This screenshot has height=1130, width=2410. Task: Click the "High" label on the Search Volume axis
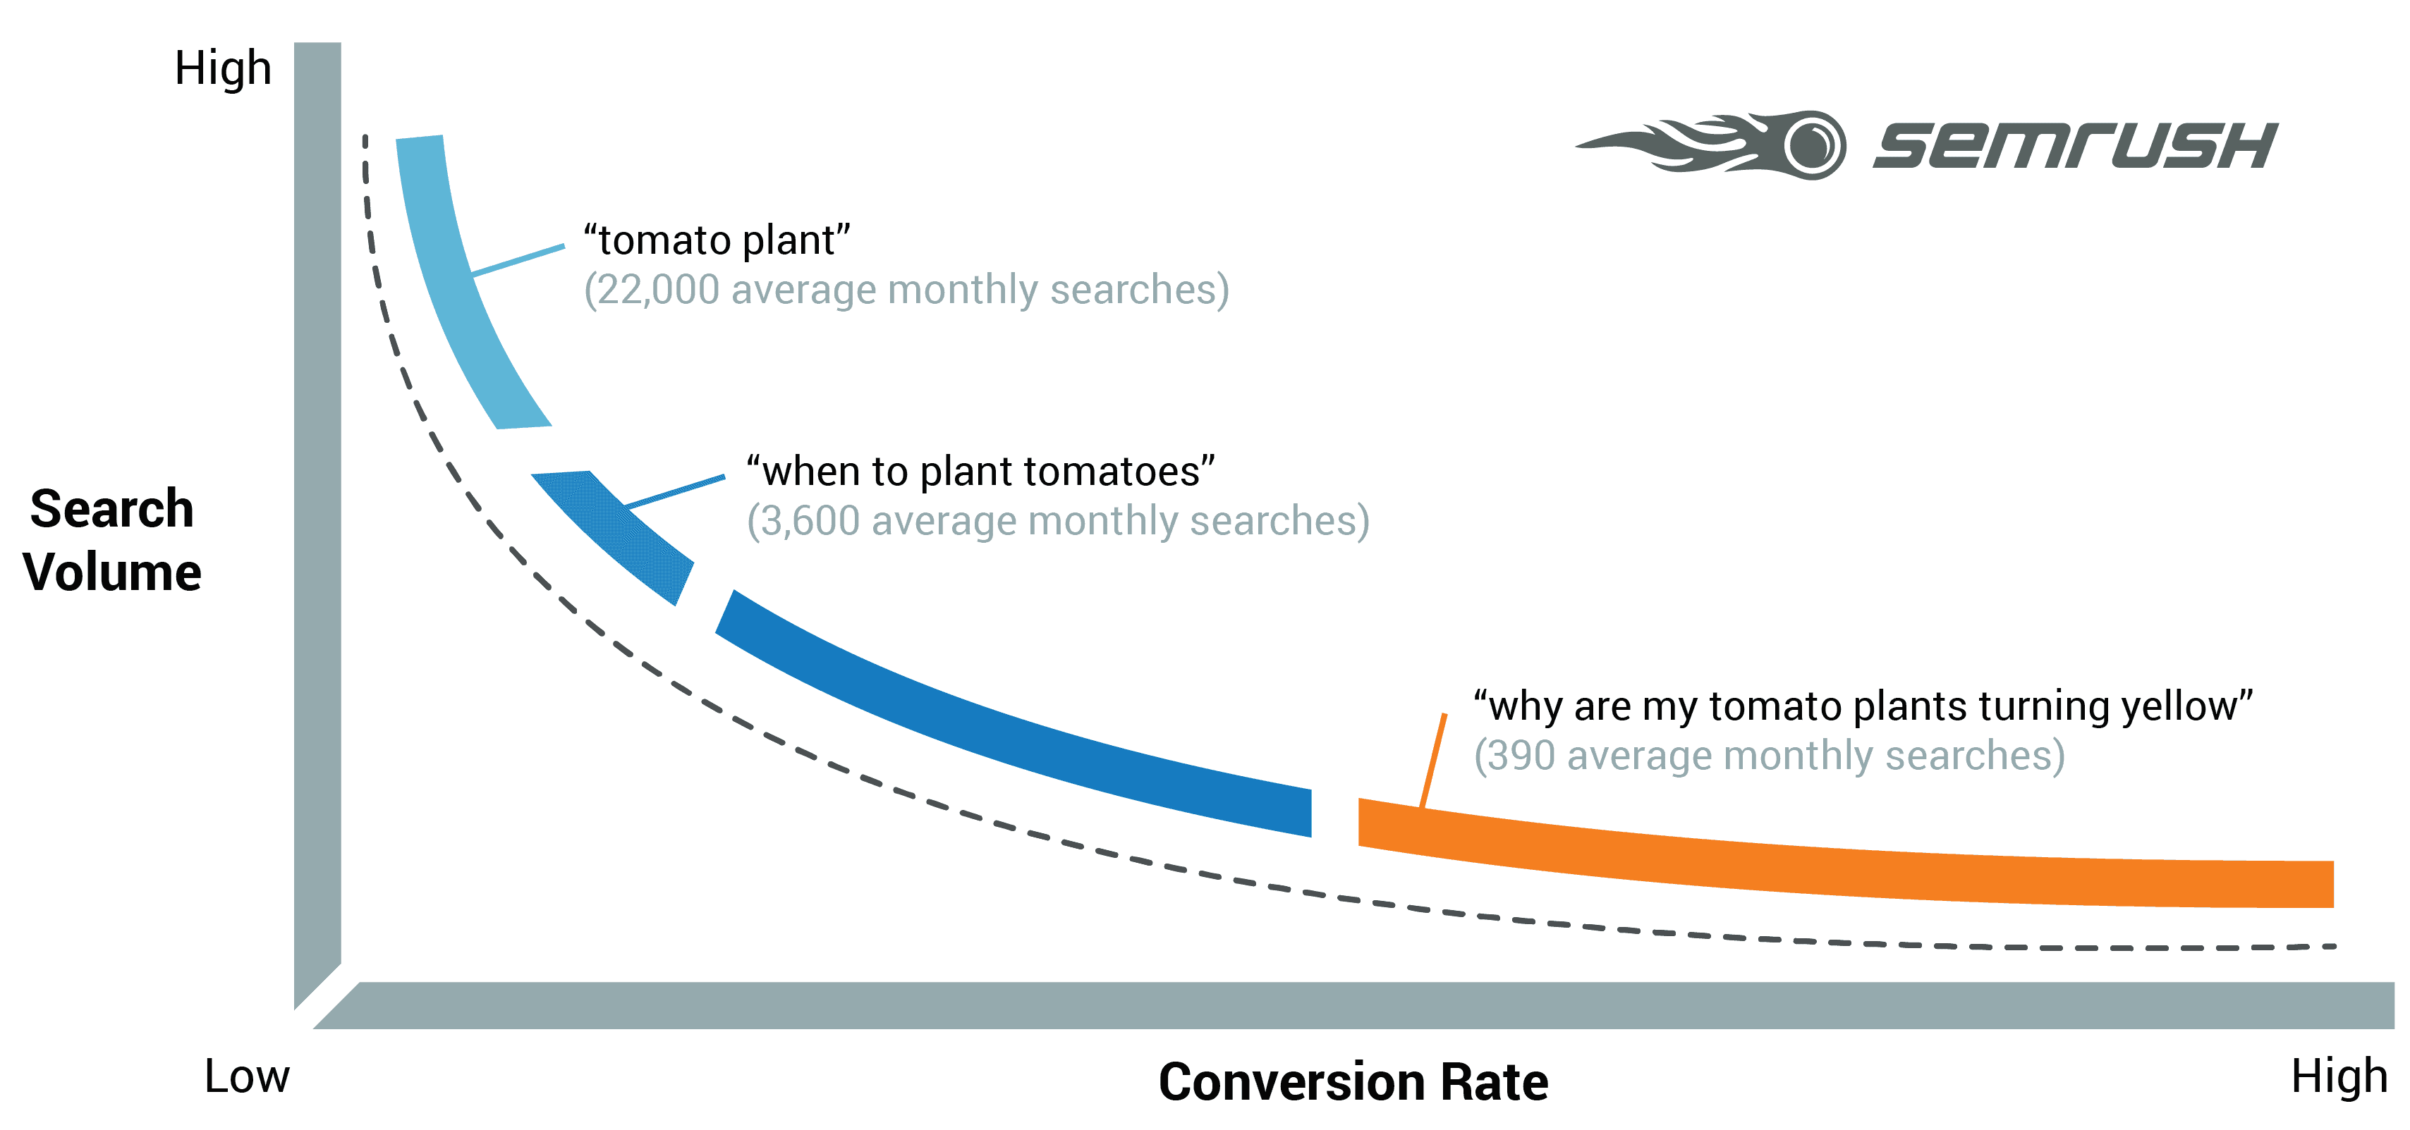(223, 68)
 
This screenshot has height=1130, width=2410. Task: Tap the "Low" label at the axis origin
(247, 1076)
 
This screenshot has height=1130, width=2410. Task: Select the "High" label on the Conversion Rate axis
(2339, 1076)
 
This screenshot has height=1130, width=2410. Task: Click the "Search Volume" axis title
(112, 540)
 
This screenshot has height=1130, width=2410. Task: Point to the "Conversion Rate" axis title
(1353, 1081)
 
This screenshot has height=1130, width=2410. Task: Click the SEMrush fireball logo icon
(1712, 145)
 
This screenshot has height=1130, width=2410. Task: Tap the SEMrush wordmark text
(2075, 146)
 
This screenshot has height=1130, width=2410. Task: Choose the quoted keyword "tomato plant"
(717, 240)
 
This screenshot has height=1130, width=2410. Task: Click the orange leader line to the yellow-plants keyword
(1433, 760)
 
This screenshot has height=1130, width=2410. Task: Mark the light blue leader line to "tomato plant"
(518, 260)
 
